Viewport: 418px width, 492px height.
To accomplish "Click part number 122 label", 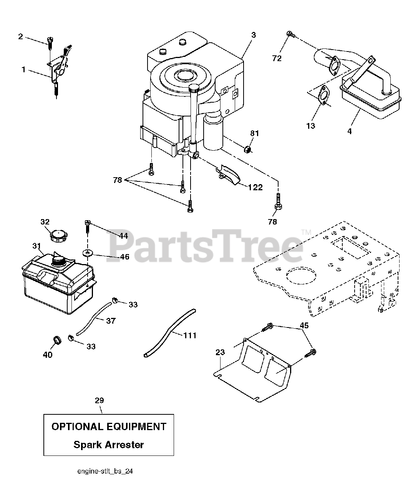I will (255, 187).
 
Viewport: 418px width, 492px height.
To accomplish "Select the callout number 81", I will (255, 134).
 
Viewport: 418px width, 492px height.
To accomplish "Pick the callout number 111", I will (190, 335).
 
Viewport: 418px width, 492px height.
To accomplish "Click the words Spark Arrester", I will (108, 445).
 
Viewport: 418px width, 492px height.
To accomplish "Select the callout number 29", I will (99, 401).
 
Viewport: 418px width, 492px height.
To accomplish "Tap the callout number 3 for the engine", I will (254, 35).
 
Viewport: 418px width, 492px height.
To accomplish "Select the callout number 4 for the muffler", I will (349, 131).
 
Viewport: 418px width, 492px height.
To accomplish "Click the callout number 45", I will (304, 326).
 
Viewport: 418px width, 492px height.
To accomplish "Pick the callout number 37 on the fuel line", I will (111, 321).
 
